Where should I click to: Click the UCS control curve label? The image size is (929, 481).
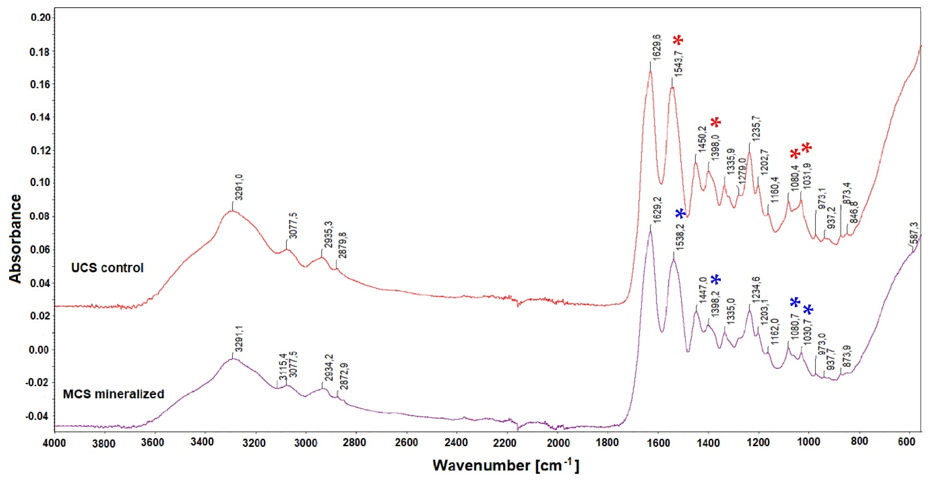tap(107, 268)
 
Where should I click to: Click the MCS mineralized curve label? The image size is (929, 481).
tap(114, 394)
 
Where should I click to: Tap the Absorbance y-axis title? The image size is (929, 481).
tap(15, 239)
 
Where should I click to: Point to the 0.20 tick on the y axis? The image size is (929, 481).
tap(41, 17)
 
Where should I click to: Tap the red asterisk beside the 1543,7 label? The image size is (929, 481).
tap(678, 40)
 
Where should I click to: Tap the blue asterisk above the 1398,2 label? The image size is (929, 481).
tap(716, 280)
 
